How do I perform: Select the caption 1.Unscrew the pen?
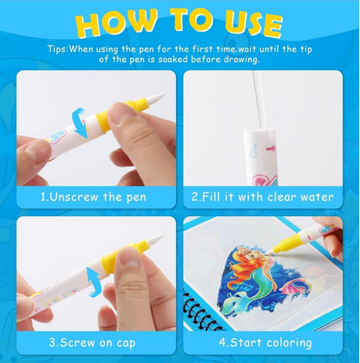(93, 197)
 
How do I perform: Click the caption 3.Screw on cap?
(92, 343)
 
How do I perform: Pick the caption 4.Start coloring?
(265, 343)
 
